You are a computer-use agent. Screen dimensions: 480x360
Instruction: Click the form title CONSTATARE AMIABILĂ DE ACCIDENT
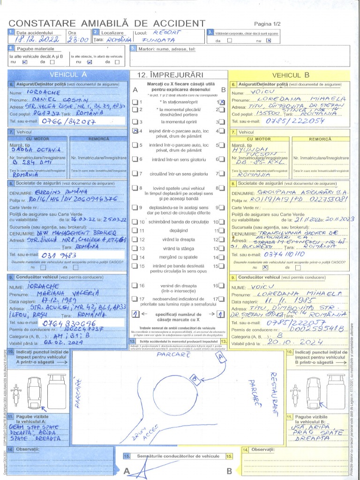click(x=107, y=23)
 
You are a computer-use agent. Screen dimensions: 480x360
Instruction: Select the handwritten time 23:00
click(x=78, y=40)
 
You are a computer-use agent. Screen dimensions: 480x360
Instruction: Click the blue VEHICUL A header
click(x=68, y=75)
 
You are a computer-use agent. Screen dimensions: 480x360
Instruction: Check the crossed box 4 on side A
click(x=135, y=132)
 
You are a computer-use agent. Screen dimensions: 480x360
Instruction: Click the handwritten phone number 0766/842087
click(x=69, y=122)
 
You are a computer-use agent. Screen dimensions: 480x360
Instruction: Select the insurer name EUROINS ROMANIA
click(x=62, y=192)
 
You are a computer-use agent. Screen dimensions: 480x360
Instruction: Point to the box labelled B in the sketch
click(x=193, y=378)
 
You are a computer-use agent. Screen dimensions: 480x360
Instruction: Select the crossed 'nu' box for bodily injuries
click(x=269, y=40)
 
